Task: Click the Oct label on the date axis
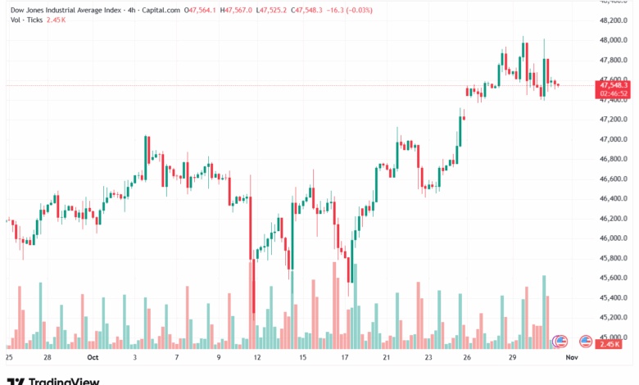click(x=93, y=357)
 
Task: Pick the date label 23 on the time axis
click(x=428, y=357)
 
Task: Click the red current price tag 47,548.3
click(x=614, y=85)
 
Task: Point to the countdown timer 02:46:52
click(x=614, y=93)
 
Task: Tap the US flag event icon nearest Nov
click(x=586, y=341)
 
